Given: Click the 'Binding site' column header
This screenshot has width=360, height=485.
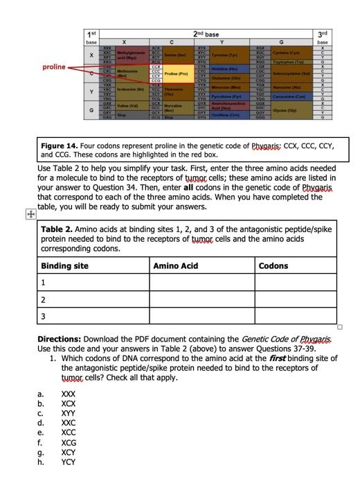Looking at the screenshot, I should [65, 265].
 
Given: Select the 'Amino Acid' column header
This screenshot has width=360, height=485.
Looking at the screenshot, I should [177, 265].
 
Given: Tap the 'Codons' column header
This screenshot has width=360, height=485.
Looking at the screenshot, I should [273, 265].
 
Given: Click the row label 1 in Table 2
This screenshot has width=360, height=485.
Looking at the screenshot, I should [44, 282].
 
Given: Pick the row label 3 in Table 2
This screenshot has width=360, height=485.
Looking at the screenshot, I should [44, 316].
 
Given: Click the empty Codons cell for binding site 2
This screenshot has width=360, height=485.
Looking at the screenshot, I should [294, 299].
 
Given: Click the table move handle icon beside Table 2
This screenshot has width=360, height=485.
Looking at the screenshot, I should [29, 215].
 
